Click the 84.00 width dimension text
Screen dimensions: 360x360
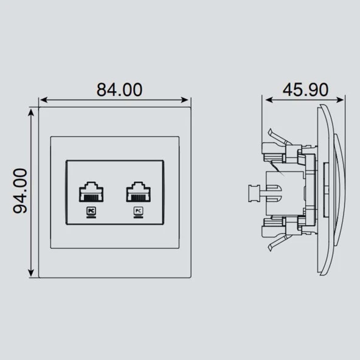(119, 89)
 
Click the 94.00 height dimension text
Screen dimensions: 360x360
(20, 191)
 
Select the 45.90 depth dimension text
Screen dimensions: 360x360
(305, 89)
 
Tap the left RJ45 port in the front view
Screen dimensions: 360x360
(91, 192)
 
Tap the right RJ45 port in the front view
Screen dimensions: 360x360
(139, 192)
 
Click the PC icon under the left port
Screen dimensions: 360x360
(91, 212)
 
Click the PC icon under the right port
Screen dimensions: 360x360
(139, 212)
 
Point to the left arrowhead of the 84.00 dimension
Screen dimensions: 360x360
(44, 100)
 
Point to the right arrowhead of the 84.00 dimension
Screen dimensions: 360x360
(185, 100)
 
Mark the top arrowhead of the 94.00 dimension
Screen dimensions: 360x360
(31, 112)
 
